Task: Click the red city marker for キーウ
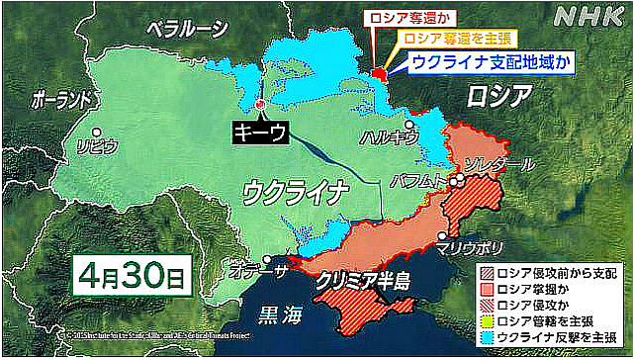(260, 104)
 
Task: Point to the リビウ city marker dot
(96, 132)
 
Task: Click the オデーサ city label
(255, 269)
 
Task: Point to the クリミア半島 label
(363, 281)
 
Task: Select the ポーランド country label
(63, 100)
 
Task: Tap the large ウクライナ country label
(296, 188)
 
